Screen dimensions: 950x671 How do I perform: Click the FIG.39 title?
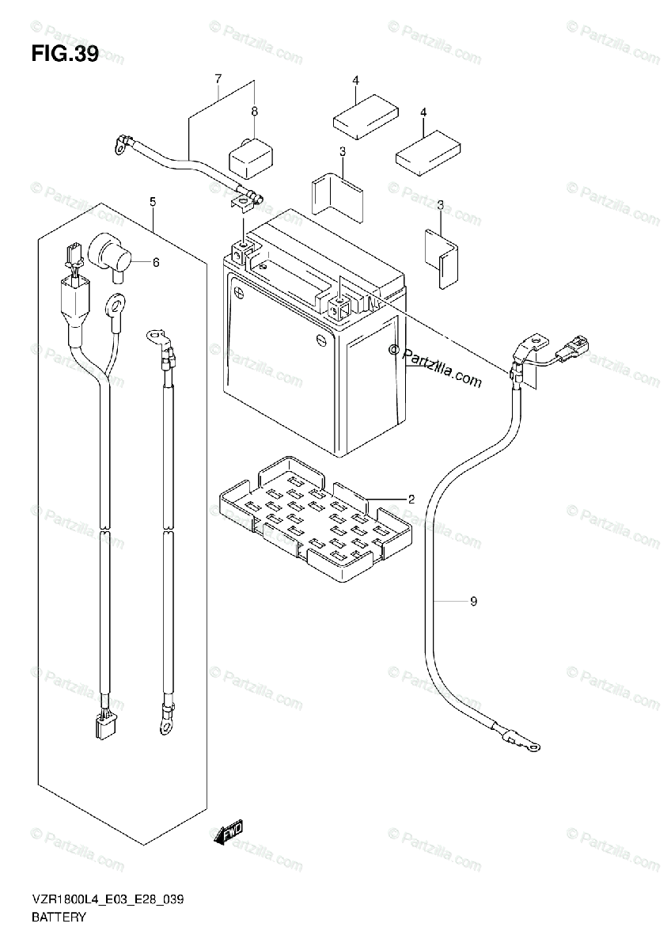66,55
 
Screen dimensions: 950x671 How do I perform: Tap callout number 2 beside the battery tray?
411,500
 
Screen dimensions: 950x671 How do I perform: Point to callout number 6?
156,263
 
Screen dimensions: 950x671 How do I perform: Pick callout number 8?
255,112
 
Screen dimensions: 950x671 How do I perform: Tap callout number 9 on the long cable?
473,602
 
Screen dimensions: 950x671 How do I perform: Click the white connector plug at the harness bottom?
104,726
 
